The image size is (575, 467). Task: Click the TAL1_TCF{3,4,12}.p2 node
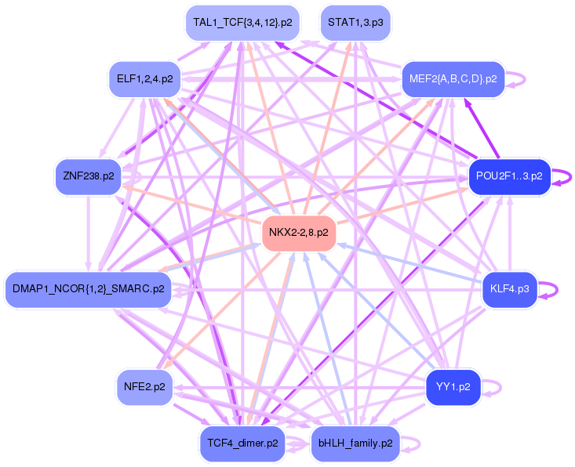tap(242, 23)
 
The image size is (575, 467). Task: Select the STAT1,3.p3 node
tap(355, 23)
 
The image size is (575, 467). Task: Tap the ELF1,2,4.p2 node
tap(145, 79)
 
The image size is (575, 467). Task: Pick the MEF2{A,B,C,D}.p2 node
tap(453, 79)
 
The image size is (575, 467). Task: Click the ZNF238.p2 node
tap(89, 176)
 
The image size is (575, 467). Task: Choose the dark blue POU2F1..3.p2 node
tap(509, 176)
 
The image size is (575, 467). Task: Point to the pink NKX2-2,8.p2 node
tap(299, 233)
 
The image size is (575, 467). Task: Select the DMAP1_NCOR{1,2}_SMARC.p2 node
tap(89, 289)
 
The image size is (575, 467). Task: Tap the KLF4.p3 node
tap(509, 289)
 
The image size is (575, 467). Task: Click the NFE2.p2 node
tap(145, 388)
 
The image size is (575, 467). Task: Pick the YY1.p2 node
tap(453, 388)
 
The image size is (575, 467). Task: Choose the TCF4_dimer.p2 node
tap(242, 444)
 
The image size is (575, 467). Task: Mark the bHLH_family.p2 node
tap(355, 444)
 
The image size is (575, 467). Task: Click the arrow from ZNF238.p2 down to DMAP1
tap(88, 233)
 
